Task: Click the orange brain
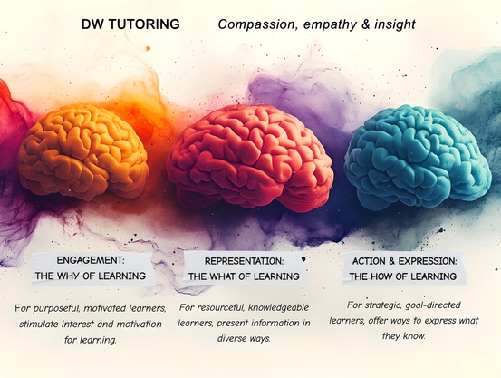pyautogui.click(x=83, y=151)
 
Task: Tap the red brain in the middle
pyautogui.click(x=250, y=158)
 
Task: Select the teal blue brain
pyautogui.click(x=418, y=158)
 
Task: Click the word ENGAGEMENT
pyautogui.click(x=91, y=260)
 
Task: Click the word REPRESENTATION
pyautogui.click(x=244, y=261)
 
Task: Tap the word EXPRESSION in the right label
pyautogui.click(x=428, y=261)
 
